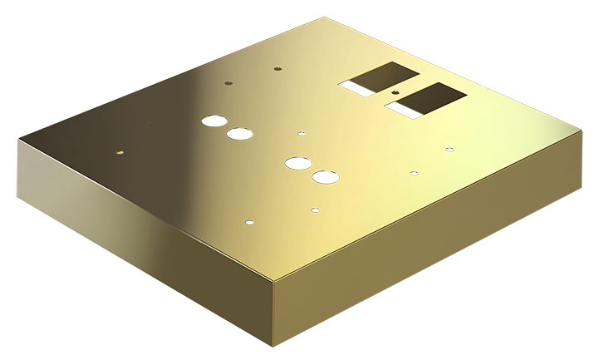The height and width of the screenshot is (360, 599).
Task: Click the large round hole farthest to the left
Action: tap(214, 121)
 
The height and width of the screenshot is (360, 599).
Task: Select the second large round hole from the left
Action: tap(240, 134)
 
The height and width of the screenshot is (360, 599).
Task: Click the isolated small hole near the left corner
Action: tap(120, 153)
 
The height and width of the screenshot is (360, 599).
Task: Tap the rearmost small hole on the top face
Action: tap(278, 69)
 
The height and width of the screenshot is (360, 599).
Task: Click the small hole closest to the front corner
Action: tap(249, 223)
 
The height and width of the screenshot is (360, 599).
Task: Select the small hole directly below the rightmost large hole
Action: tap(315, 210)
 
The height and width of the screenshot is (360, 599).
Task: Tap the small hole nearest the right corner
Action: tap(449, 150)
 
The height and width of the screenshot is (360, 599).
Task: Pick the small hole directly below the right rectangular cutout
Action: tap(414, 174)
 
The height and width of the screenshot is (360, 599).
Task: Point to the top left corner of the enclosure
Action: tap(18, 139)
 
